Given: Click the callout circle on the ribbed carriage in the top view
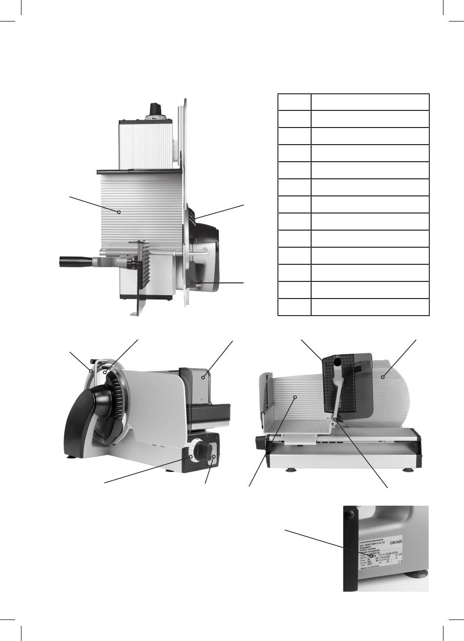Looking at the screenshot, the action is click(119, 212).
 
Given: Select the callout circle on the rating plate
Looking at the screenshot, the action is click(372, 556).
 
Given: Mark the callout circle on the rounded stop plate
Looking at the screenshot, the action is click(383, 377).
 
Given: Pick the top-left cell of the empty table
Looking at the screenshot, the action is click(294, 102).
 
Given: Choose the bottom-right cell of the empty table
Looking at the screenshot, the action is click(370, 307).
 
